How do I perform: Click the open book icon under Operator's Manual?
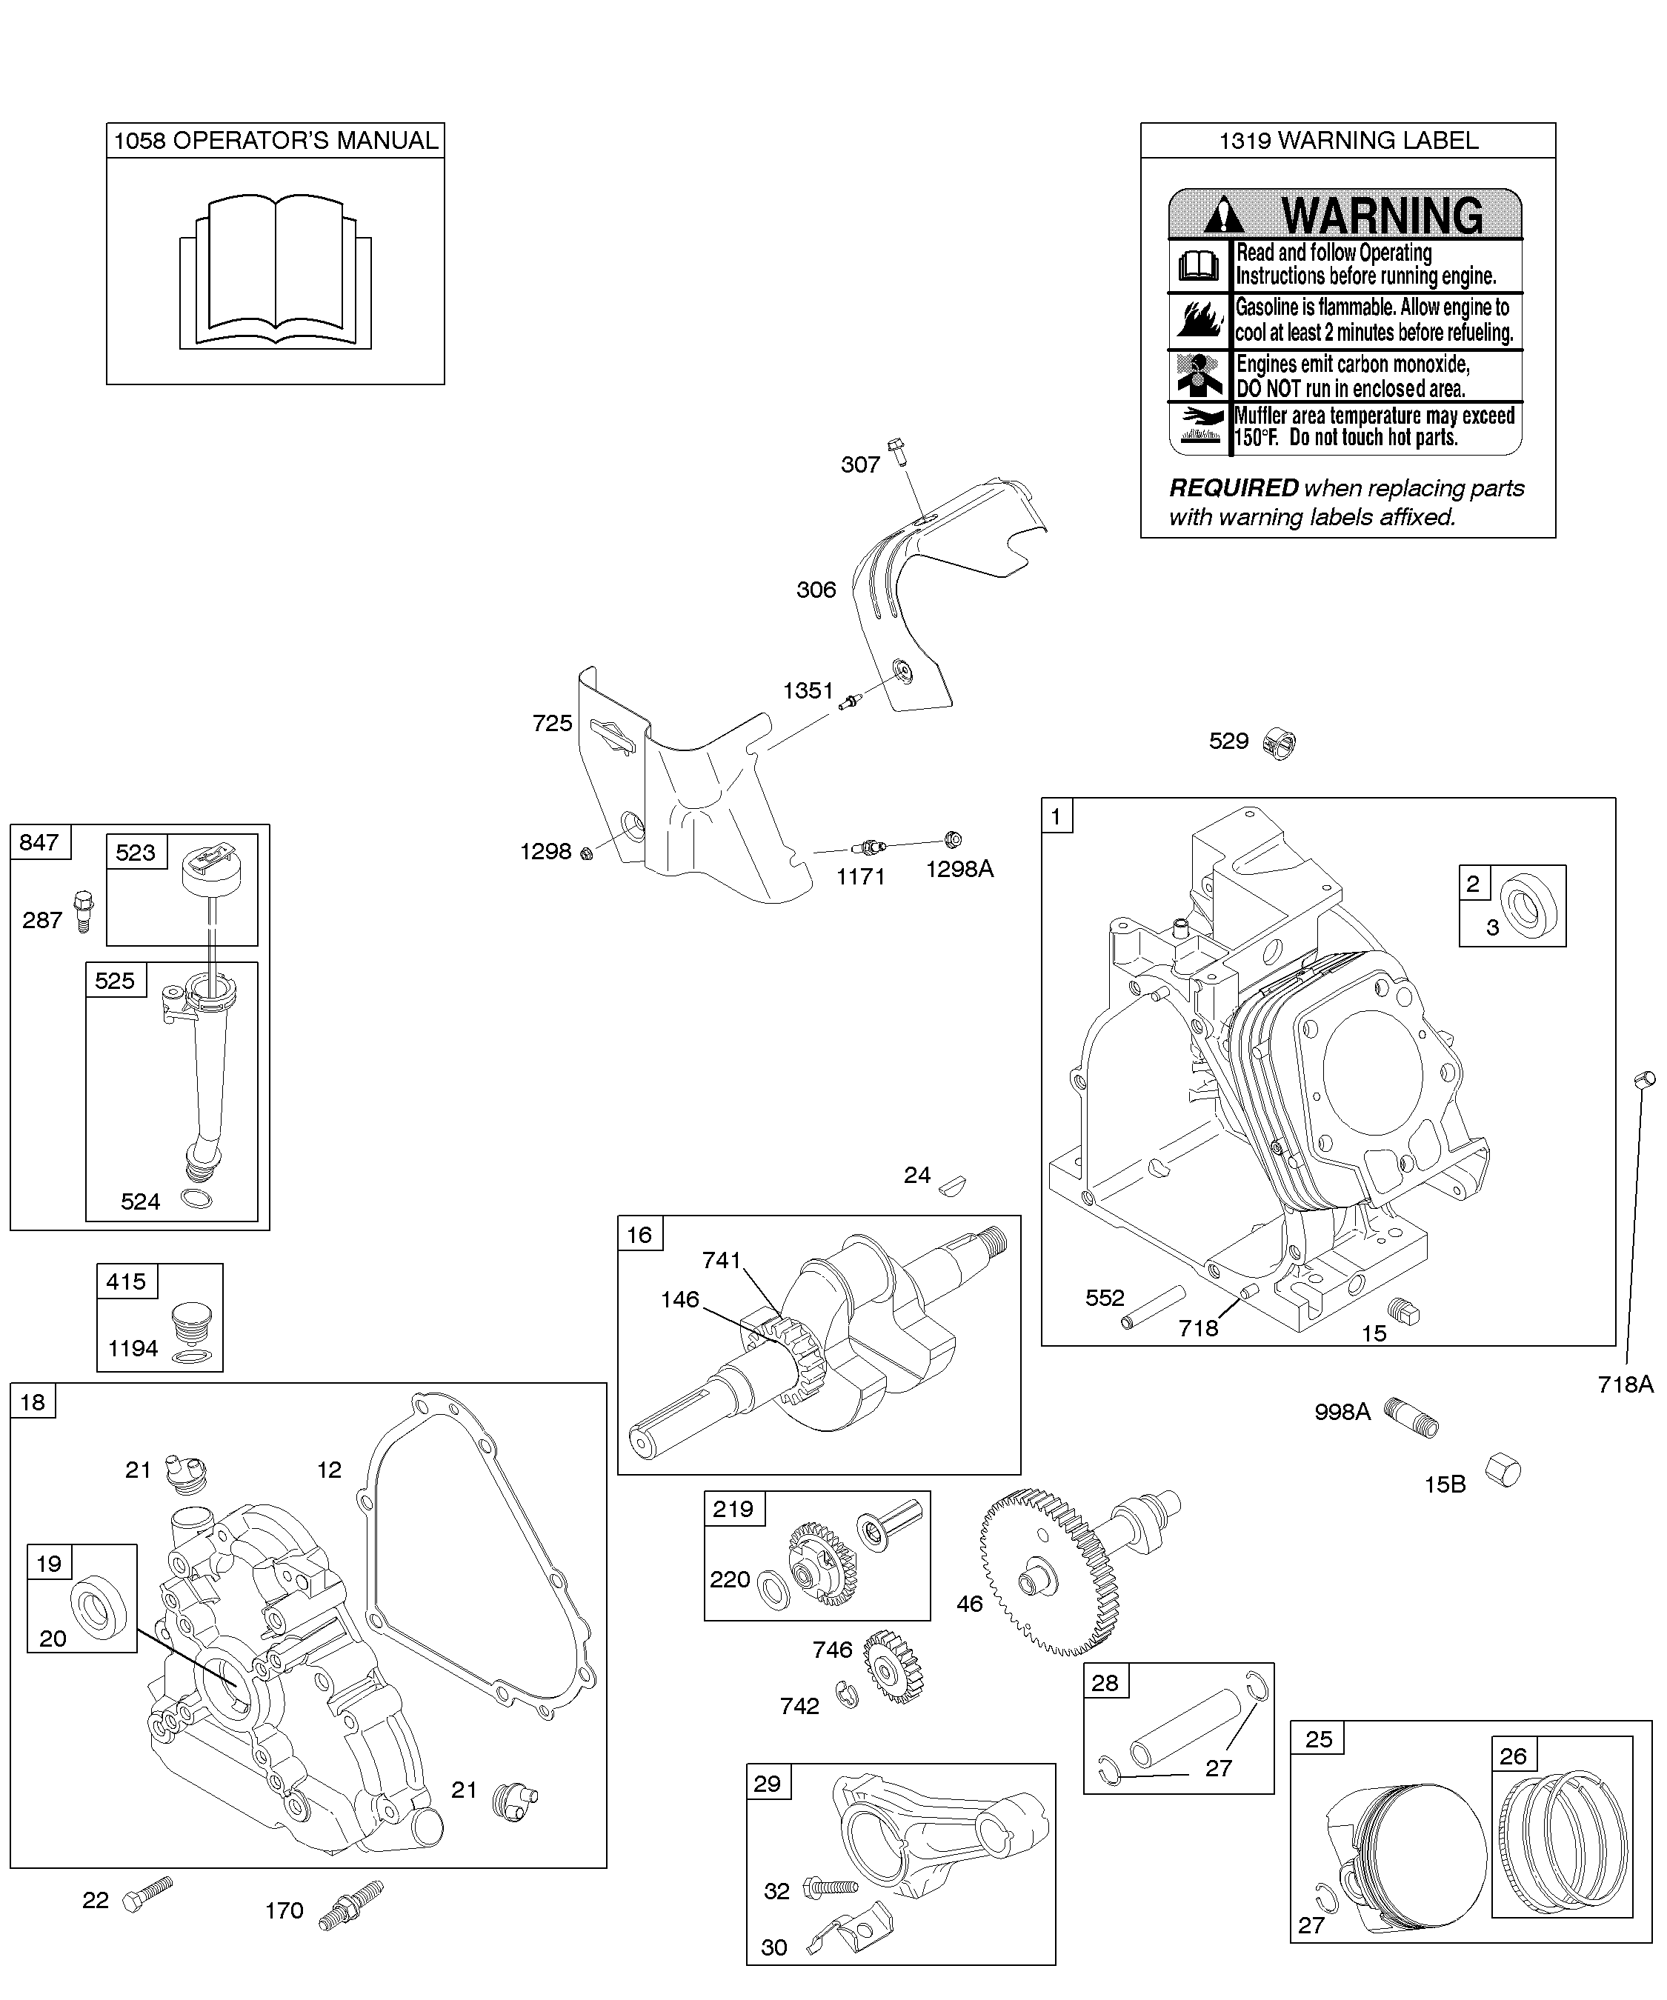click(x=276, y=271)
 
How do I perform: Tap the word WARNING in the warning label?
click(x=1382, y=216)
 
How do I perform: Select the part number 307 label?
click(x=860, y=464)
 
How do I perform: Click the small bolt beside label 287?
click(x=84, y=910)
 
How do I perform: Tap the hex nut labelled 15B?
click(x=1504, y=1470)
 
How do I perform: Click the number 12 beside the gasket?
click(x=330, y=1470)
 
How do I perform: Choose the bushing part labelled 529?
click(x=1280, y=742)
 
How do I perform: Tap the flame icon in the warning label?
click(x=1199, y=319)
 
